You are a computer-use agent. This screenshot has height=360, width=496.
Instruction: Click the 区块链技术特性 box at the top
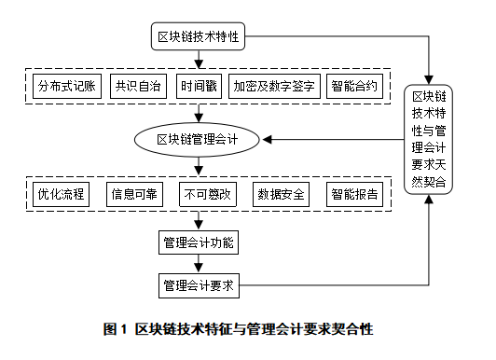pos(198,38)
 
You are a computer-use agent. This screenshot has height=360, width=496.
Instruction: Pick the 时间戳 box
pos(198,88)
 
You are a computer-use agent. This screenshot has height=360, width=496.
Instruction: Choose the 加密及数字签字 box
pos(274,88)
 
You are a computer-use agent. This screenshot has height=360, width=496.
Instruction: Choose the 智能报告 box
pos(355,194)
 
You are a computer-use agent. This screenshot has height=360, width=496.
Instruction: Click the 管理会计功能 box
pos(198,243)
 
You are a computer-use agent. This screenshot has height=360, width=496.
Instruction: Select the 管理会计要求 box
pos(198,284)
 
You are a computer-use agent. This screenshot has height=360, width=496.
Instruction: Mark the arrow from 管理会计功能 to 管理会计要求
pos(198,264)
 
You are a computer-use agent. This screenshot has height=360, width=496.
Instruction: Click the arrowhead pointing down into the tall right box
pos(429,77)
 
